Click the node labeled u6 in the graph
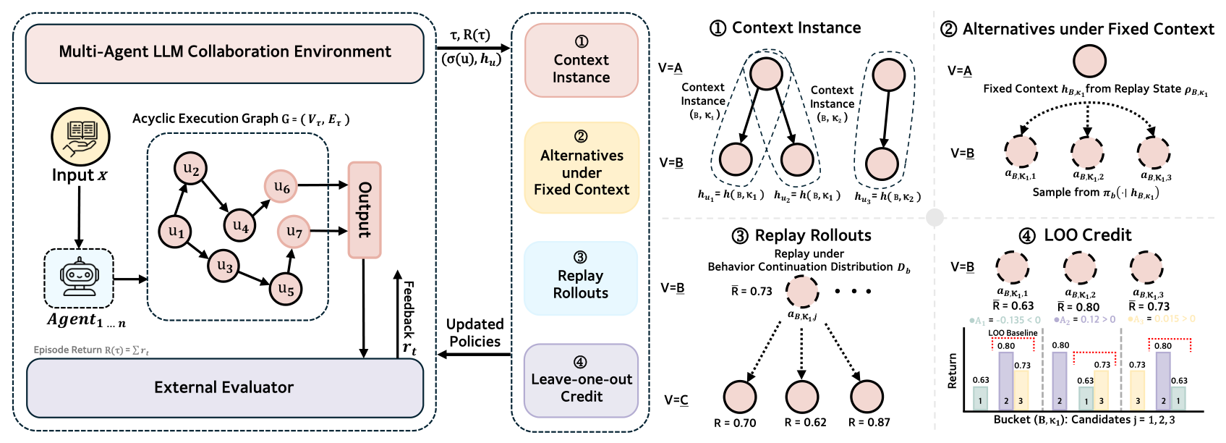[281, 187]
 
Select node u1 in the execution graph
[176, 232]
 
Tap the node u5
[286, 290]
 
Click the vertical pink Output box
[365, 210]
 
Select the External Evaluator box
[224, 387]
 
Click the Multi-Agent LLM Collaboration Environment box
[224, 52]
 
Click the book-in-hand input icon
[80, 137]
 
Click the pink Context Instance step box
[582, 61]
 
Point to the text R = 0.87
[869, 423]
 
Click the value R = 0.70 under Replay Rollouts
[735, 423]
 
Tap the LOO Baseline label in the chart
[1013, 333]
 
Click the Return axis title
[953, 371]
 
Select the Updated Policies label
[474, 333]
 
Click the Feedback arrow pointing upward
[397, 311]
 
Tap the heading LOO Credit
[1087, 235]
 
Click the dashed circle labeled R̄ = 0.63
[1013, 268]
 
